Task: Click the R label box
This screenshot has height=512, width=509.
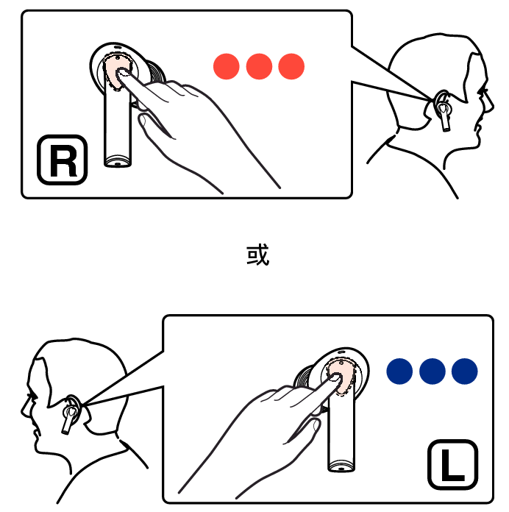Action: [x=62, y=160]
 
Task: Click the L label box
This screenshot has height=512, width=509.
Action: [x=453, y=465]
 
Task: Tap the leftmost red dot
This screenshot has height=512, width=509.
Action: [x=227, y=67]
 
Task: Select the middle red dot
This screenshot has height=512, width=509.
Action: [x=259, y=67]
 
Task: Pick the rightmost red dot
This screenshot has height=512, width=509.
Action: [x=291, y=67]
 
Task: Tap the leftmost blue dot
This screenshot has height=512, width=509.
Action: [x=399, y=371]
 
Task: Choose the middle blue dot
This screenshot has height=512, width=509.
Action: [x=433, y=371]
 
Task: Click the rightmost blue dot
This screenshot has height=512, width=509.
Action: [x=465, y=371]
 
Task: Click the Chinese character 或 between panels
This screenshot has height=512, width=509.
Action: [x=257, y=255]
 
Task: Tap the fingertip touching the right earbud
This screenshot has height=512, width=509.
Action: [x=122, y=73]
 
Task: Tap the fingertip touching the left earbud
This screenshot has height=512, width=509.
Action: [x=335, y=378]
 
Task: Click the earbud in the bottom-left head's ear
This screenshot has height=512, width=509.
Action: [x=69, y=413]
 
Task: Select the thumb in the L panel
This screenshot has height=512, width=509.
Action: [x=304, y=431]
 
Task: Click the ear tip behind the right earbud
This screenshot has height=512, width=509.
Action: [x=156, y=72]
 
